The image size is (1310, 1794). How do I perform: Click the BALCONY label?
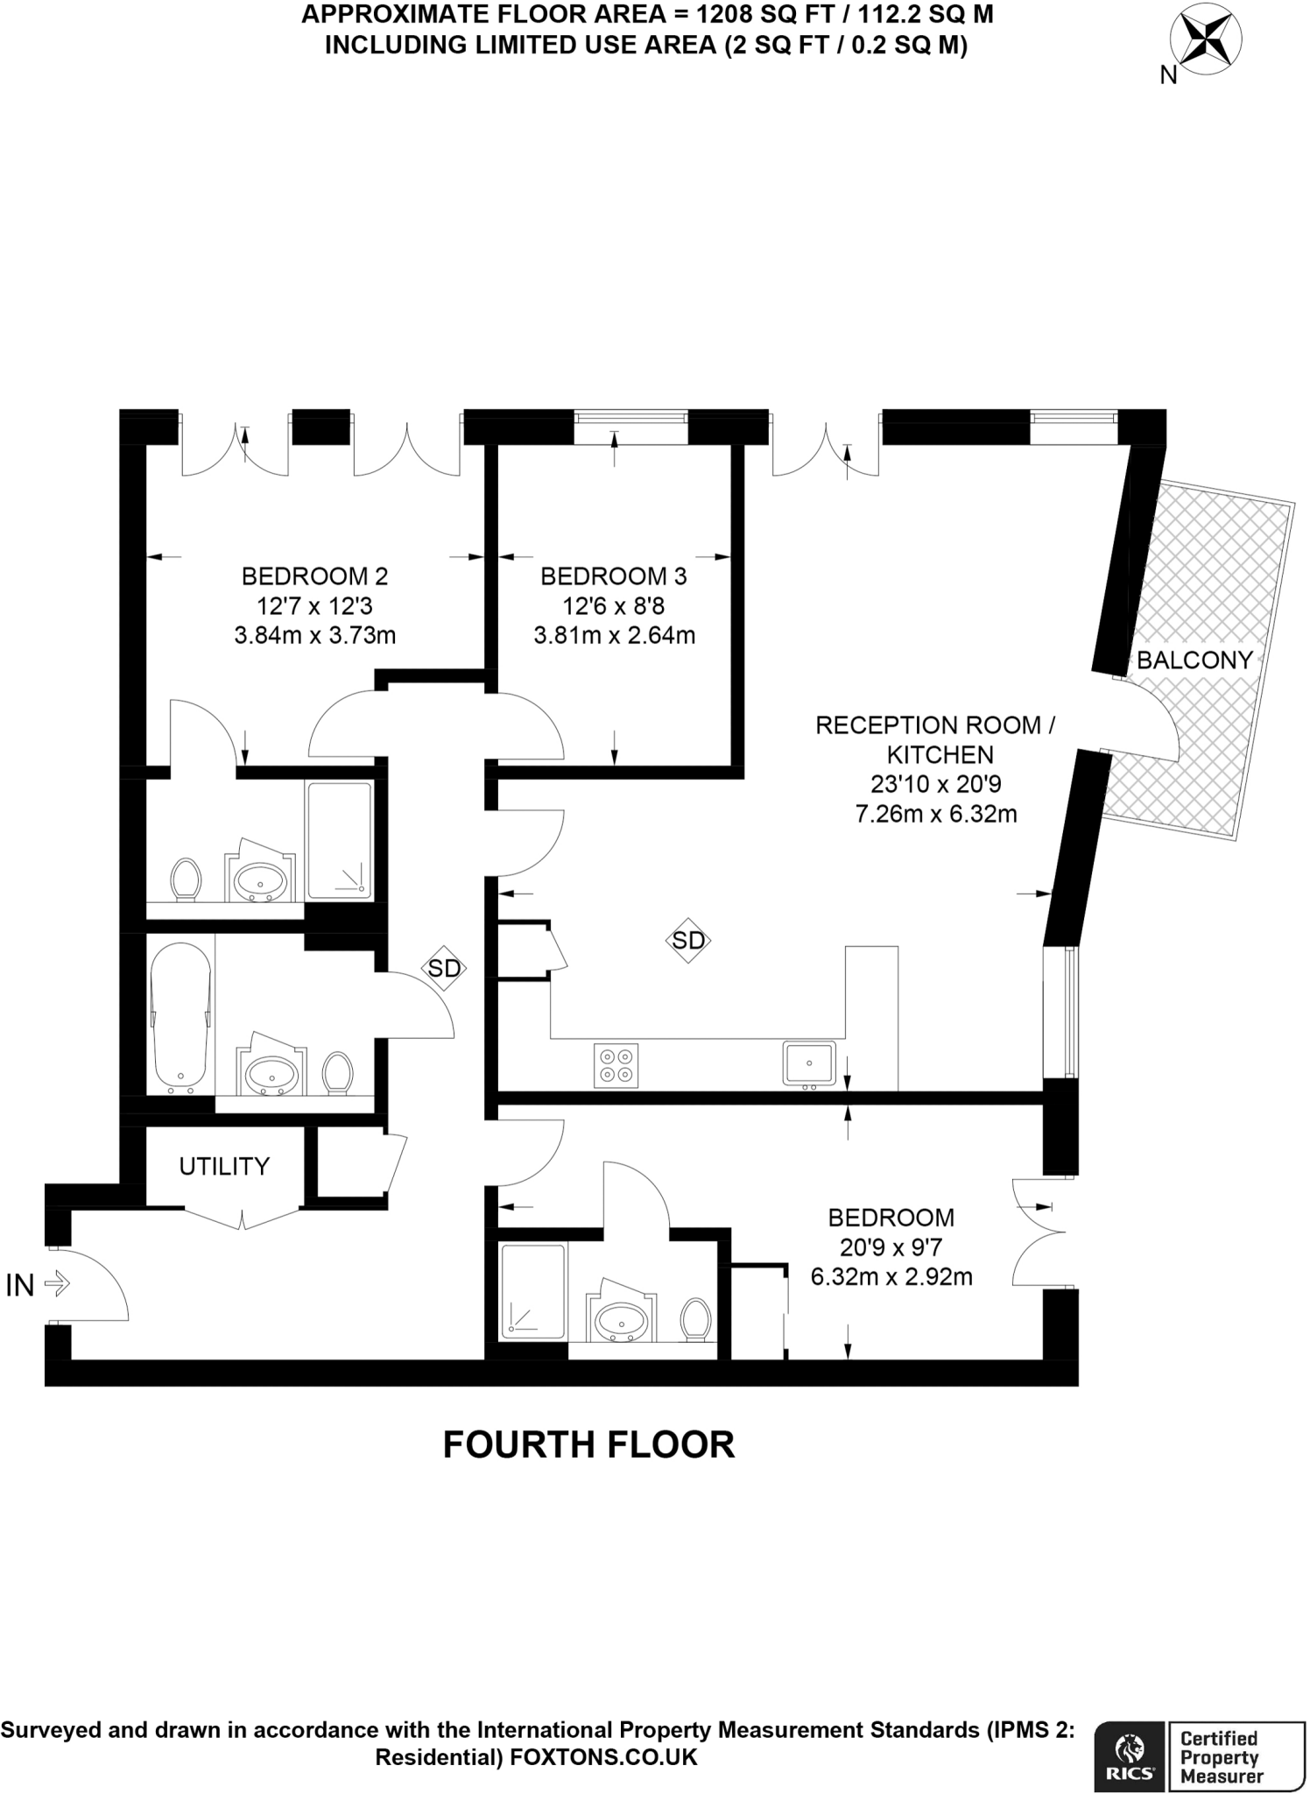coord(1194,660)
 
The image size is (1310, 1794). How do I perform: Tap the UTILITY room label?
coord(224,1166)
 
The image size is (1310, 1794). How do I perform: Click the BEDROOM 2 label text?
coord(314,576)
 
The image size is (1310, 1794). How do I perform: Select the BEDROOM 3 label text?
coord(614,576)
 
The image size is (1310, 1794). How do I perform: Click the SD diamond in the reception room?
coord(688,940)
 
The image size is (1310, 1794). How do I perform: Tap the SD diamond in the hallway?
coord(444,968)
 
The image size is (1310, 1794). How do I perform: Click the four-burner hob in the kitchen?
coord(616,1065)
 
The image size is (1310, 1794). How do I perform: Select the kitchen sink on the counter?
coord(809,1063)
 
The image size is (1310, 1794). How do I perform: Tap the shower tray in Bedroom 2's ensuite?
coord(339,840)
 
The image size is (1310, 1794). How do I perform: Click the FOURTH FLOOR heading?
coord(588,1444)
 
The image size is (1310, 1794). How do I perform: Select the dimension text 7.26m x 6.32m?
coord(935,814)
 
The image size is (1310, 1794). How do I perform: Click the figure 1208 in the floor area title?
coord(727,15)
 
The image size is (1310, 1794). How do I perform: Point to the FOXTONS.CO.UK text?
coord(603,1756)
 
